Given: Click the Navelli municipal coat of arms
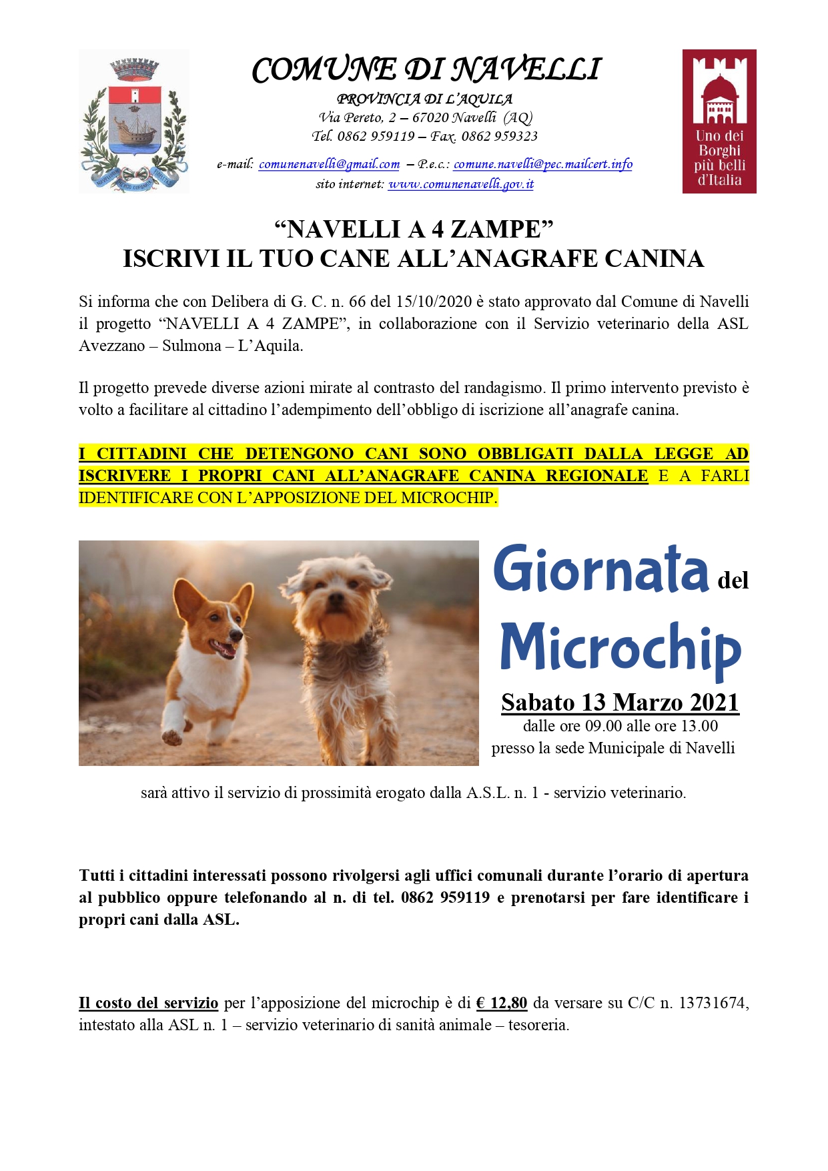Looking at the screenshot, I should (x=134, y=121).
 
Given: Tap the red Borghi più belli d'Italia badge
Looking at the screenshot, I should (x=719, y=121).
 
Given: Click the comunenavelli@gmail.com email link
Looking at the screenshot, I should (x=329, y=164).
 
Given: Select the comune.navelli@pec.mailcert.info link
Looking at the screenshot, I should (x=542, y=164).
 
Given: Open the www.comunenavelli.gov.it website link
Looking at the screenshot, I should (x=460, y=184).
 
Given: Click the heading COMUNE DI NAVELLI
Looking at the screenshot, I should (x=426, y=69).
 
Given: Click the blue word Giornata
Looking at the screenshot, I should (x=600, y=570).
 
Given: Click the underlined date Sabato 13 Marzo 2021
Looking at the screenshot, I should (x=620, y=703).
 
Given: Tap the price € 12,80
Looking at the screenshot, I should (x=502, y=1003).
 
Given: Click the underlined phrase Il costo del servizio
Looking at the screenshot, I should (x=148, y=1003).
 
